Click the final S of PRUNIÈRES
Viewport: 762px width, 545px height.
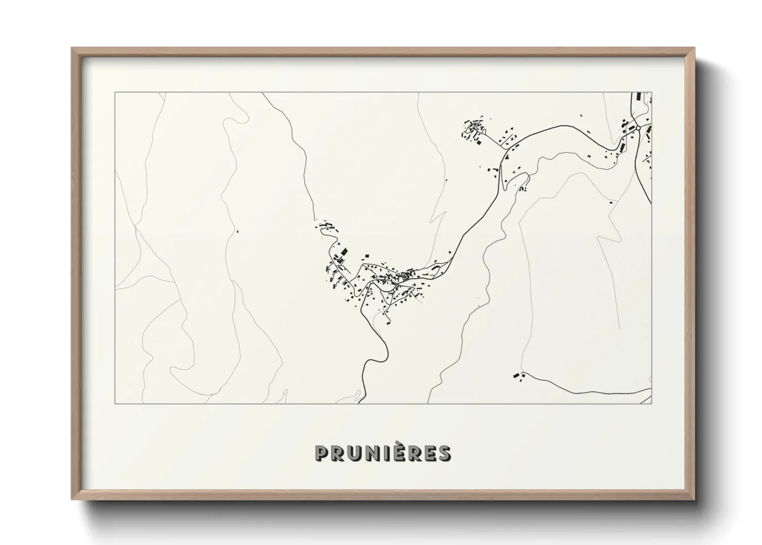[x=444, y=453]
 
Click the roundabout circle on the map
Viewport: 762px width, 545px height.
[x=638, y=127]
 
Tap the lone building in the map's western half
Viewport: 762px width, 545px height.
[x=237, y=231]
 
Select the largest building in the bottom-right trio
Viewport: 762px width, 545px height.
[x=515, y=376]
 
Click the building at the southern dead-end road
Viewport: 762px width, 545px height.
[x=387, y=323]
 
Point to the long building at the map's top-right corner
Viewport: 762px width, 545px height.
[x=639, y=96]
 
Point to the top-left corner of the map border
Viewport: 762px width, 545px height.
[x=115, y=93]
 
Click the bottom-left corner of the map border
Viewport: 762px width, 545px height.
[x=115, y=404]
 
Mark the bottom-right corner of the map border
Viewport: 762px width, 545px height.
[x=652, y=404]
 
